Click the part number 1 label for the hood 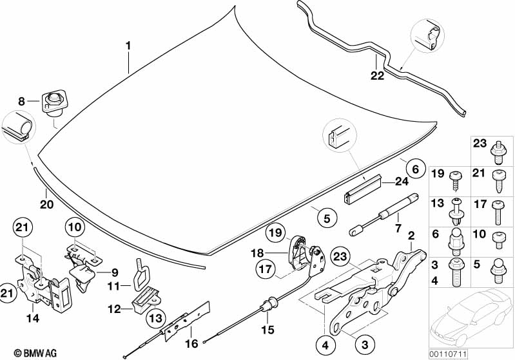(x=128, y=46)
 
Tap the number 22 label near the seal (x=377, y=76)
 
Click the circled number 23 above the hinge (x=341, y=256)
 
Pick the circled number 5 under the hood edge (x=327, y=218)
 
